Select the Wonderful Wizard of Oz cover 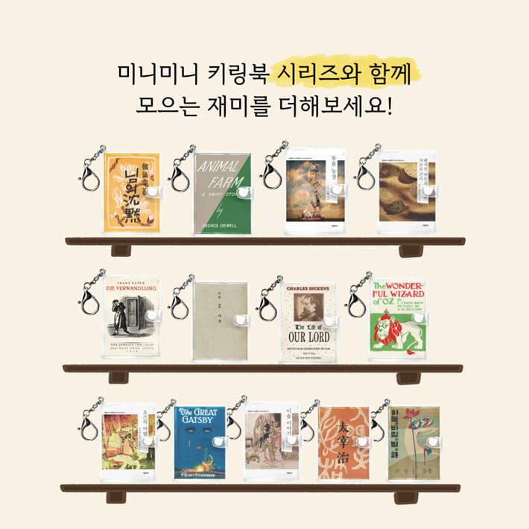(x=397, y=319)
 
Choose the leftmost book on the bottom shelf (x=130, y=441)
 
